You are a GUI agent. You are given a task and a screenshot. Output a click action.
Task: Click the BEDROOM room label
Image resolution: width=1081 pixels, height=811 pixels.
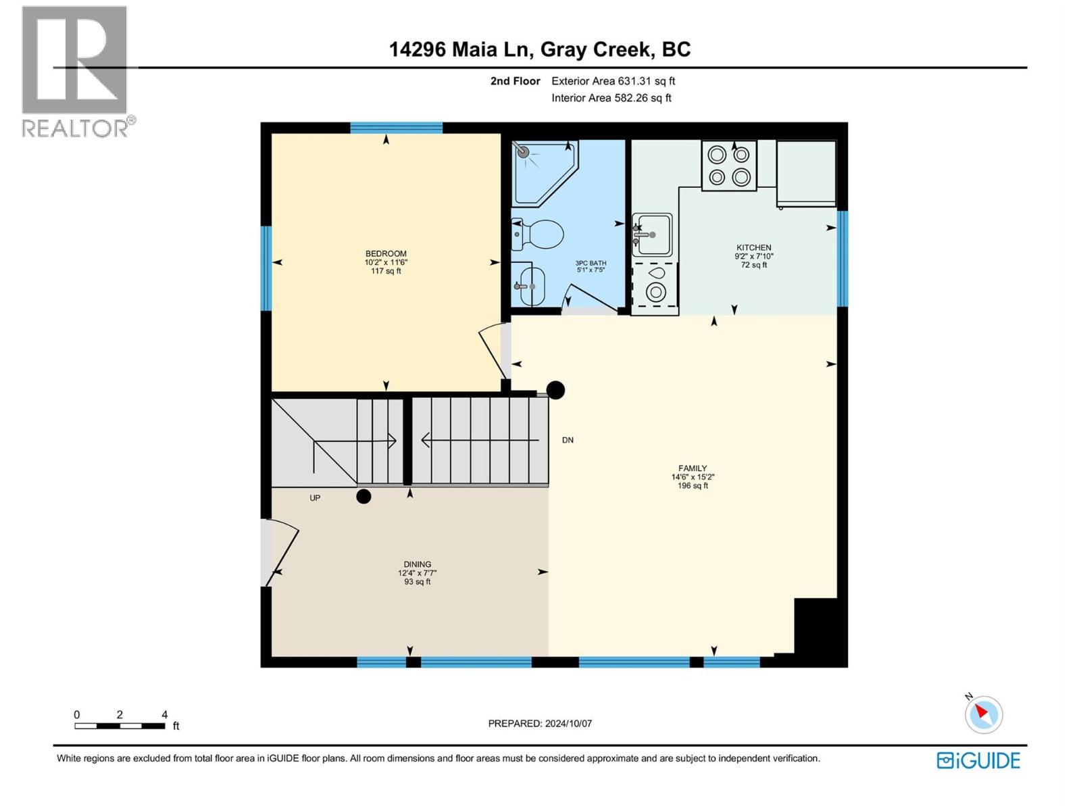point(386,253)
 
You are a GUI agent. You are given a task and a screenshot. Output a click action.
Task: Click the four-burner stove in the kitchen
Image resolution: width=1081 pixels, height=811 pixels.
point(729,166)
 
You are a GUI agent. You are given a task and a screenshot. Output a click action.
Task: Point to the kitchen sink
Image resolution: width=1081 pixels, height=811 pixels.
point(652,235)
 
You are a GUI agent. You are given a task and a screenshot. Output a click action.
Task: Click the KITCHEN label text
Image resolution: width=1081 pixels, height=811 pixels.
point(753,248)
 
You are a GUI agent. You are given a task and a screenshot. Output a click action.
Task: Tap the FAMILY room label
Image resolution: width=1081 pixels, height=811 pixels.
point(693,468)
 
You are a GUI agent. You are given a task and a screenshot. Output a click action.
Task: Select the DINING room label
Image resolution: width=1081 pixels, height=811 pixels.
point(417,564)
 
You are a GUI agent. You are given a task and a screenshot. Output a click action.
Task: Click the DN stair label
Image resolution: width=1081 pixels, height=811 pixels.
point(568,440)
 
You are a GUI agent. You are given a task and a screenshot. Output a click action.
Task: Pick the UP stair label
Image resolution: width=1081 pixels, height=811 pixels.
point(315,498)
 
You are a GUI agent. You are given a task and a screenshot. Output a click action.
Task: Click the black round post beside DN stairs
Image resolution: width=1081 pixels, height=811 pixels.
point(555,390)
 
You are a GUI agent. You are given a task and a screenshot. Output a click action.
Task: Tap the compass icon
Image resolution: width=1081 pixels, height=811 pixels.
point(983,714)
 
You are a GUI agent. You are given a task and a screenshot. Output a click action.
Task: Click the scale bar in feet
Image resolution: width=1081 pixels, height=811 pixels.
point(120,726)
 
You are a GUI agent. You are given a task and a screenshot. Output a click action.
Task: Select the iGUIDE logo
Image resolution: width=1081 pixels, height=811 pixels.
point(978,760)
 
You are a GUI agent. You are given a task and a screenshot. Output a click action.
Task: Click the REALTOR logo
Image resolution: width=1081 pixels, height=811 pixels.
point(76,71)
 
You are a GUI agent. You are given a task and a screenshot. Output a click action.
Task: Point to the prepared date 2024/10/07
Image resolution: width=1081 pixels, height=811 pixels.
point(540,723)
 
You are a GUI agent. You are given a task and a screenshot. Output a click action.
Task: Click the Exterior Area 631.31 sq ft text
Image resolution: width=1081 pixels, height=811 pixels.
point(613,81)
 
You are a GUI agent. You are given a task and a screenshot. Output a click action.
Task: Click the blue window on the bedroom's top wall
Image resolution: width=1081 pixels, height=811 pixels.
point(396,128)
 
